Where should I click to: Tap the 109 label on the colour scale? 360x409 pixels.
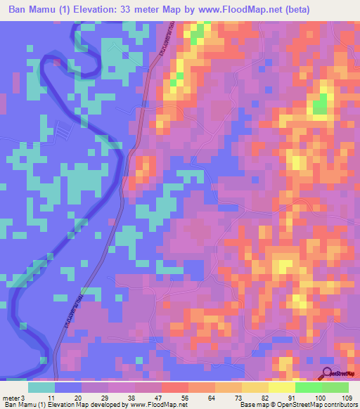347,398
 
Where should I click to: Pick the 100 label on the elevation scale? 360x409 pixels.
320,398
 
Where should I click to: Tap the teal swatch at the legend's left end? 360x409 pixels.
41,387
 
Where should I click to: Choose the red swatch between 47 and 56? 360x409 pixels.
174,387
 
